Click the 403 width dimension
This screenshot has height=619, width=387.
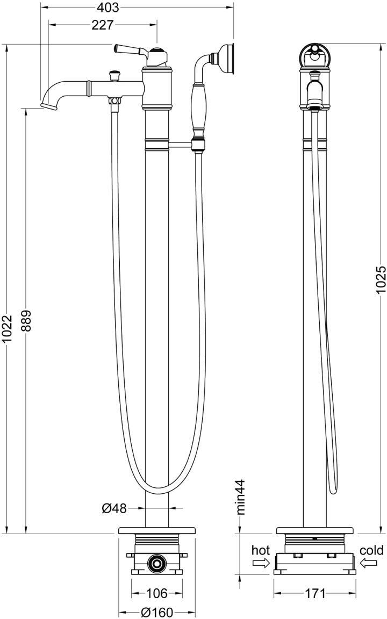point(107,8)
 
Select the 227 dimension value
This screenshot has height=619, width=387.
point(102,25)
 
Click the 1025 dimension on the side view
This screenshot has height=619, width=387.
point(381,279)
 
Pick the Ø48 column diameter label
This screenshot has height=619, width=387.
point(114,509)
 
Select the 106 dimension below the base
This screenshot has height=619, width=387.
point(156,593)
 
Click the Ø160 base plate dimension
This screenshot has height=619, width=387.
point(157,613)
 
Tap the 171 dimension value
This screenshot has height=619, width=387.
point(315,593)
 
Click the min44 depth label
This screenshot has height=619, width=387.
point(241,497)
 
